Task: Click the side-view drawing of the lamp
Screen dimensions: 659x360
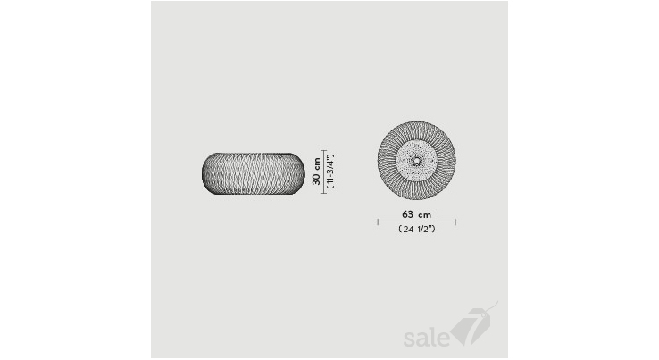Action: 253,173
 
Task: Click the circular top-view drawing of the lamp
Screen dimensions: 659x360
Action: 416,160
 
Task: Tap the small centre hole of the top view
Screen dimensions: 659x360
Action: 416,160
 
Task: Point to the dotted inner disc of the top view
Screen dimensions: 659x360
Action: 416,160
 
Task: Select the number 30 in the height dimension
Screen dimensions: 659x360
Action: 316,179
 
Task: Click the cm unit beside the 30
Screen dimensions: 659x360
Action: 316,163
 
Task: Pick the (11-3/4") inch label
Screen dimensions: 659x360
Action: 330,172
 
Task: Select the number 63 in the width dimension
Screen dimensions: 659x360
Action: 407,214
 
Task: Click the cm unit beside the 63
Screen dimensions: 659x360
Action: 425,215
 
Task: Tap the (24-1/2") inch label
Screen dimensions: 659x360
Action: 416,230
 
